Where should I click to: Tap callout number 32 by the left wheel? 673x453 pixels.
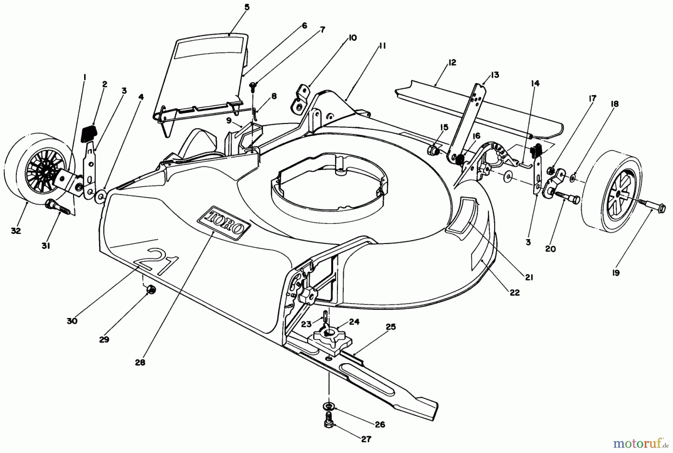[x=16, y=231]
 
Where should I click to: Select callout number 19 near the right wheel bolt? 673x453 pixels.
[x=616, y=273]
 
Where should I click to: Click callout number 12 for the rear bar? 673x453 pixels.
[x=452, y=62]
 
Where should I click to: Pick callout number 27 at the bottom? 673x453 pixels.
[x=366, y=439]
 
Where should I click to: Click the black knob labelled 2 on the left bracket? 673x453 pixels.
[x=89, y=133]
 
